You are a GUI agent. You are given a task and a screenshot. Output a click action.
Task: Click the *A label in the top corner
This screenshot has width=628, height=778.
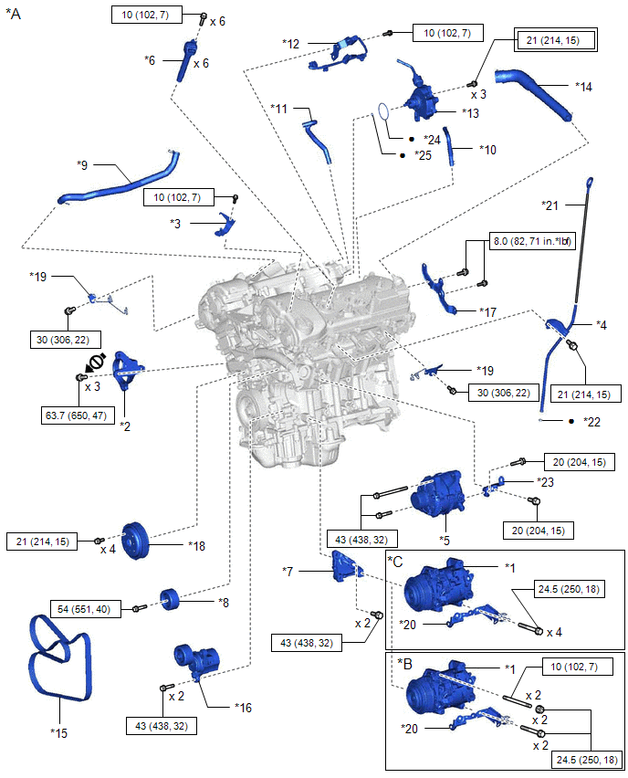click(x=13, y=15)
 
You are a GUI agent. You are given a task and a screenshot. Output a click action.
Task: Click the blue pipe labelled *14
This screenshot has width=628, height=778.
click(x=534, y=89)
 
